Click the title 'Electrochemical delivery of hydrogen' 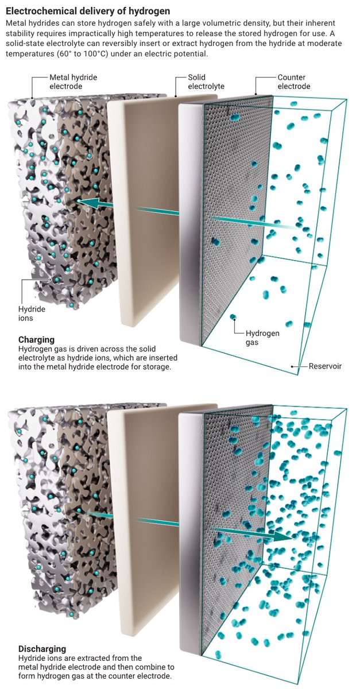coord(88,11)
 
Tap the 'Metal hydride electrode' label coord(73,82)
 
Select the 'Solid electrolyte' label coord(206,82)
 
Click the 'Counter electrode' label coord(293,82)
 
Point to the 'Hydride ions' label coord(32,313)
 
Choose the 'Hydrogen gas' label coord(262,338)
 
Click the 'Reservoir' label coord(325,366)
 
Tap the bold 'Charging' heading coord(36,339)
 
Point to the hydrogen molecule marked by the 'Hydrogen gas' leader coord(233,316)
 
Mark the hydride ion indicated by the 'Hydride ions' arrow coord(57,280)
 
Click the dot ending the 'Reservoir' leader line coord(292,366)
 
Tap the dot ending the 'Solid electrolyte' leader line coord(176,96)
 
